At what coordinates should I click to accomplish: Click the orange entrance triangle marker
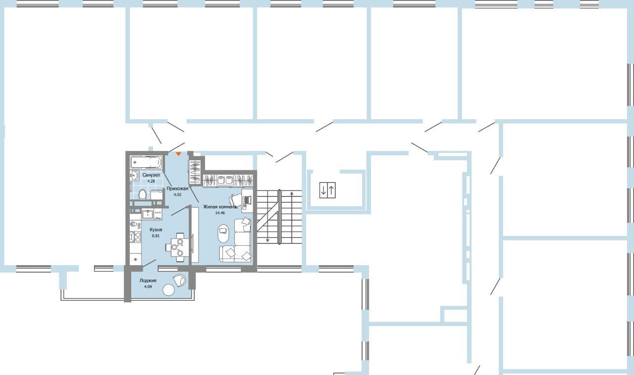[178, 154]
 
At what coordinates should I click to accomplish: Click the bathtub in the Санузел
[146, 162]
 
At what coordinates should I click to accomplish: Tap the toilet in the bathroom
[142, 194]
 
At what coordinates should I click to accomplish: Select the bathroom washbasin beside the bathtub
[134, 176]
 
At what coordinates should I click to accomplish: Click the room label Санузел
[151, 175]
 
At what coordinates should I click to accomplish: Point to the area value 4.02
[177, 194]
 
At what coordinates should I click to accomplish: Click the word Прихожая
[177, 188]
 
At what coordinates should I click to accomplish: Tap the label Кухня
[156, 230]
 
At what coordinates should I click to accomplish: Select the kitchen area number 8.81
[156, 235]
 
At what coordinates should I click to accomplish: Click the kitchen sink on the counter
[148, 214]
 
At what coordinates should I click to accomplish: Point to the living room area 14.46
[220, 213]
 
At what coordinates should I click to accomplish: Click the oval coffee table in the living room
[223, 234]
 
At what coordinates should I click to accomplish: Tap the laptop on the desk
[248, 200]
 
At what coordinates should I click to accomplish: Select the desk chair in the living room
[235, 200]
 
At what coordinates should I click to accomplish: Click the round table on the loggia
[169, 290]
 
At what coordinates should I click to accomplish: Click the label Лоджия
[148, 281]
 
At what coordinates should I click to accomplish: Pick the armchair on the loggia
[179, 280]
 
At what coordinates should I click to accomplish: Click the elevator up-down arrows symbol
[327, 190]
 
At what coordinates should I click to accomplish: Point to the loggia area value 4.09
[148, 286]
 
